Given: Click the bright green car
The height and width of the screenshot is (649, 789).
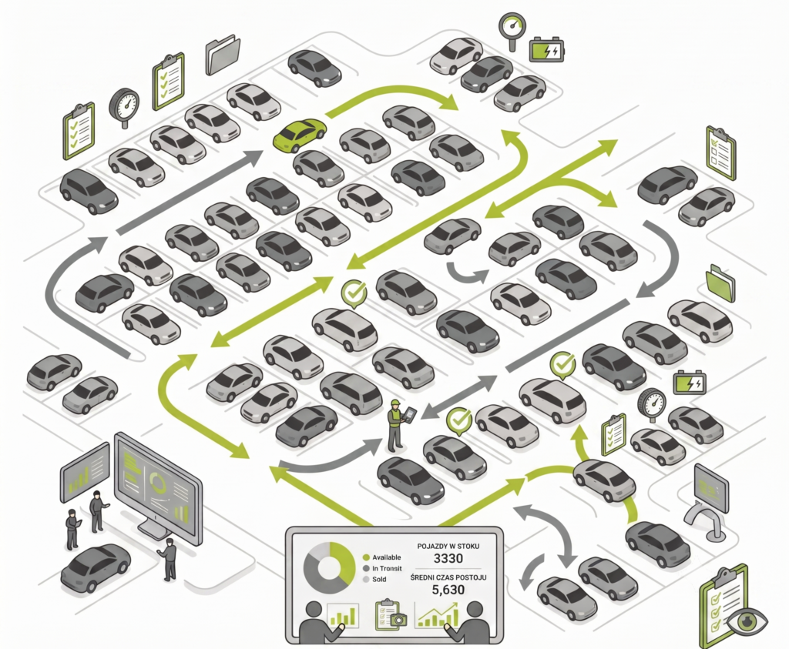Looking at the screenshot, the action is tap(300, 134).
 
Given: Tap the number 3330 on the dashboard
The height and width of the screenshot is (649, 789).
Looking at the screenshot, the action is tap(448, 558).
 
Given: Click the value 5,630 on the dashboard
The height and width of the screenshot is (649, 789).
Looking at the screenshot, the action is tap(448, 590).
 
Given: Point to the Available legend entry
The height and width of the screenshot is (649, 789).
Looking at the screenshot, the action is tap(382, 557).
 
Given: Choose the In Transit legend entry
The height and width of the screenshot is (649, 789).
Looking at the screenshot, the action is tap(382, 568).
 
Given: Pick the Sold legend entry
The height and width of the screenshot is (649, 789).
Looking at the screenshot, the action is tap(374, 579).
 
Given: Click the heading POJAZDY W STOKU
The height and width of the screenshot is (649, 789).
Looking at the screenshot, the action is tap(448, 546).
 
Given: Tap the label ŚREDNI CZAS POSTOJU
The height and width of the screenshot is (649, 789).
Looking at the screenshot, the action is tap(448, 577).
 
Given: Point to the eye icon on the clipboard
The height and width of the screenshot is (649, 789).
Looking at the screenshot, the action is tap(747, 621).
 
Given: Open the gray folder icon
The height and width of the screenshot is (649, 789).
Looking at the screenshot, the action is tap(223, 55).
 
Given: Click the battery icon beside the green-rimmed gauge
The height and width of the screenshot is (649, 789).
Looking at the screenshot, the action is tap(546, 49).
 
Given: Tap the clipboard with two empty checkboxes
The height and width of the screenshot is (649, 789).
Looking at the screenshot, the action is tap(721, 153).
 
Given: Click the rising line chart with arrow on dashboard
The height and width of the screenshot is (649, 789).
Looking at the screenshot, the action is tap(437, 614).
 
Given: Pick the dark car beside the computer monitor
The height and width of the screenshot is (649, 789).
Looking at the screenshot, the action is tap(96, 567).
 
